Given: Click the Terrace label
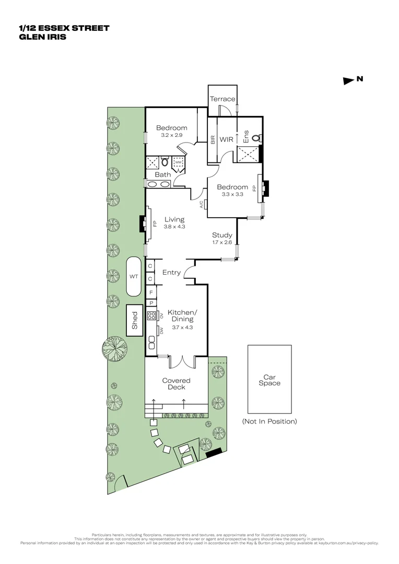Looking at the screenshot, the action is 222,99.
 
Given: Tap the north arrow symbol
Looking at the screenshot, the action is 349,81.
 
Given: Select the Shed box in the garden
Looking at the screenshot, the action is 135,320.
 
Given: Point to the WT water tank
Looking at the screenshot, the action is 134,277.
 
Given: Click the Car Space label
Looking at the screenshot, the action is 269,380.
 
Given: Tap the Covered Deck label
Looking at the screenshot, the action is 177,384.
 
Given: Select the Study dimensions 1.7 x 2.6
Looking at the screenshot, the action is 222,242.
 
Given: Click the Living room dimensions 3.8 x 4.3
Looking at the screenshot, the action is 174,227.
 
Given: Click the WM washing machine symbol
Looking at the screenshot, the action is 179,162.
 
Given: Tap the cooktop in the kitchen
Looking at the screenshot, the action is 151,315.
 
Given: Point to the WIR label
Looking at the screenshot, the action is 226,139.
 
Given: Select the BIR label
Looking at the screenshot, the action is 213,139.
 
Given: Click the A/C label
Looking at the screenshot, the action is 202,204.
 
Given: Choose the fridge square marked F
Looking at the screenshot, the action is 151,292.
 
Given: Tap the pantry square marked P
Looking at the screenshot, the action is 151,303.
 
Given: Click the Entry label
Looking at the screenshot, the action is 171,272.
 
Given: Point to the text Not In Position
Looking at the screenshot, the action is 269,421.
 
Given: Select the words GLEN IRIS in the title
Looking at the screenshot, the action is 42,37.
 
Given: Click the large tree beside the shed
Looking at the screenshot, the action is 115,348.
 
